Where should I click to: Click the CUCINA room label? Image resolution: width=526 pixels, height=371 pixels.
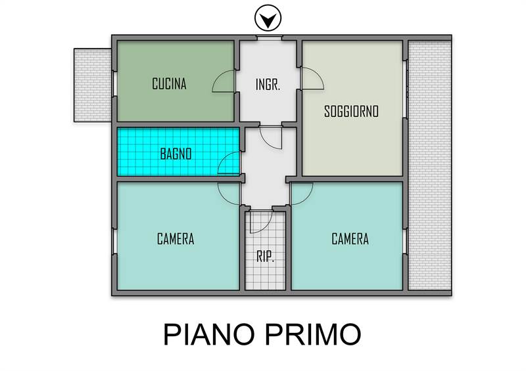169,84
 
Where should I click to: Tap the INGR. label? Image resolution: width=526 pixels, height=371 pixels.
268,85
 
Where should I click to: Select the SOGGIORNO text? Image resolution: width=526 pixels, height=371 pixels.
352,112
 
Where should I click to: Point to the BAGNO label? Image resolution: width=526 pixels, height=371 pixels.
176,155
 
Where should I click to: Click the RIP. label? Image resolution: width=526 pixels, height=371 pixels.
265,256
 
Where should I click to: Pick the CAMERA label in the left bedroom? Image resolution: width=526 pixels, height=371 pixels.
176,239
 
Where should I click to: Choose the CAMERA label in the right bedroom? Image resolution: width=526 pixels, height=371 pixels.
350,239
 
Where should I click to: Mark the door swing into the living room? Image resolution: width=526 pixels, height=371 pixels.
312,79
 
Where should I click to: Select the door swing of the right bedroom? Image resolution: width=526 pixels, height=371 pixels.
302,194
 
